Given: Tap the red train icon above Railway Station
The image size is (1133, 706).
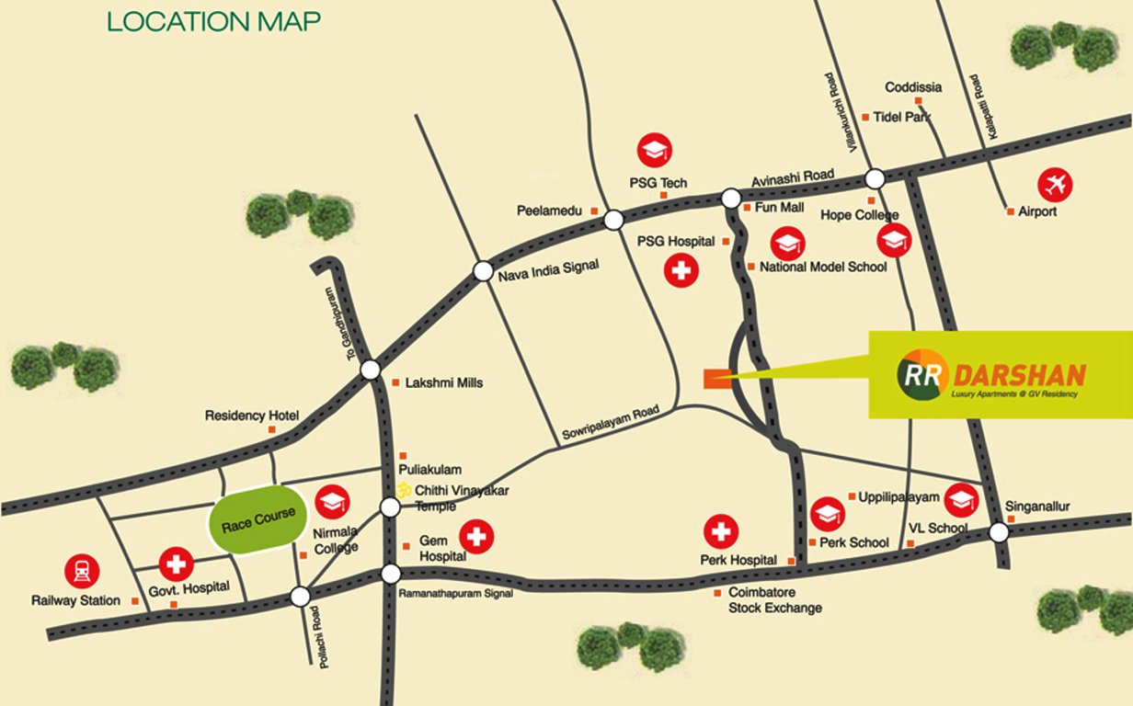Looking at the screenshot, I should pos(81,571).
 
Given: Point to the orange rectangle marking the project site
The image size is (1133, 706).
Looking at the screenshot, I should pos(716,378).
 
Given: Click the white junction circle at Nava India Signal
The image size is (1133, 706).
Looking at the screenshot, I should pos(483,271).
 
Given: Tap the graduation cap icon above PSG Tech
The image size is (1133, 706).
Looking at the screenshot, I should pos(654,150).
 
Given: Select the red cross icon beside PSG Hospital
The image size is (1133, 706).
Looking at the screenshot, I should pos(681,272).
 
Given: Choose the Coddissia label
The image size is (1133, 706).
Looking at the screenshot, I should pos(913,87).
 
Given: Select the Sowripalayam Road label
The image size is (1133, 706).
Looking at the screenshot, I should pos(611,424).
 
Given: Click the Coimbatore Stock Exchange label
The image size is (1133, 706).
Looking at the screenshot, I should pos(774,600).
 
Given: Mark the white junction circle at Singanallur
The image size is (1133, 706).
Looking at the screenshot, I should pos(999,532).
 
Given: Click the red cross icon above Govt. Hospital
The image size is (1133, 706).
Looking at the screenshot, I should pos(176,564).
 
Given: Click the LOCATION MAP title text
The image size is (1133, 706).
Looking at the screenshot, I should pos(214,22).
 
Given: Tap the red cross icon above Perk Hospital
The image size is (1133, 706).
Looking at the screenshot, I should pos(721,530).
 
